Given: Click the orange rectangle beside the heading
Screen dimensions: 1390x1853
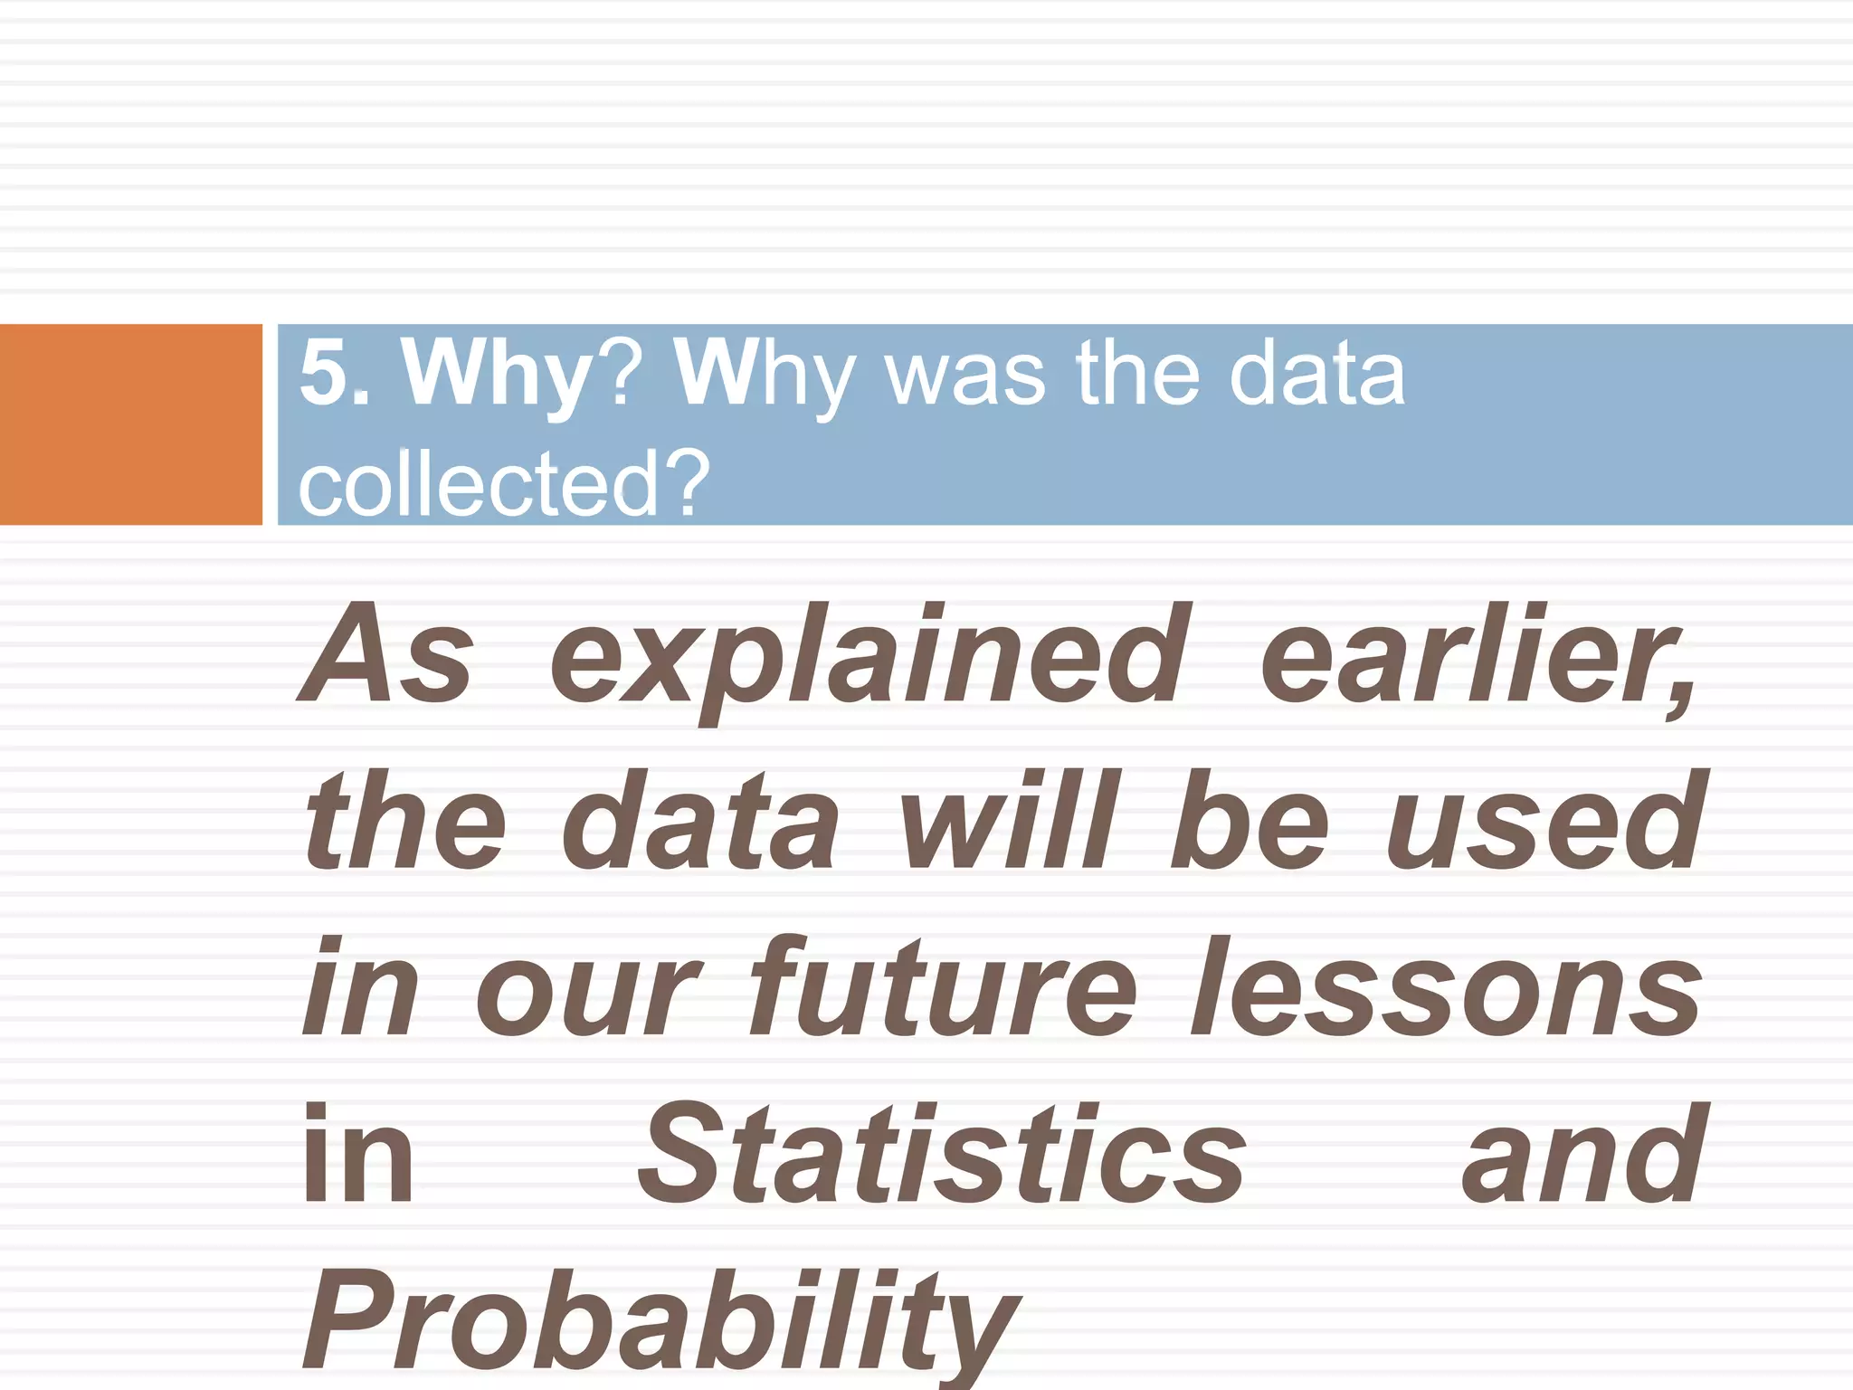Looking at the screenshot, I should click(x=130, y=424).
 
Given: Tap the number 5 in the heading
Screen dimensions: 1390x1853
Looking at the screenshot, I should click(x=324, y=373).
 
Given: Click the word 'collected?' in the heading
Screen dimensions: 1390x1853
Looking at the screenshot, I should click(x=503, y=485).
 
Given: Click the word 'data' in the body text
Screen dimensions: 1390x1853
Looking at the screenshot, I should click(x=701, y=822).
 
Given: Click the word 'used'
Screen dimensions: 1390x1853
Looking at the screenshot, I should click(x=1546, y=822).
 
